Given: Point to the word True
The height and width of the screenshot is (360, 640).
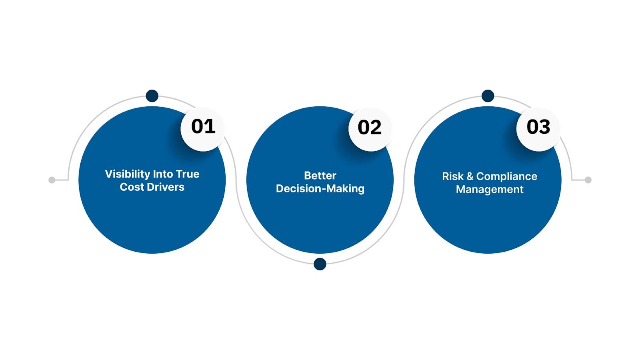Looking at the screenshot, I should tap(188, 174).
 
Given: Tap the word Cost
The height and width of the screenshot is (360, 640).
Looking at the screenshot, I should tap(130, 187).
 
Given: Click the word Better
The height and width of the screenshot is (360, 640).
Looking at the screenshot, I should tap(320, 176).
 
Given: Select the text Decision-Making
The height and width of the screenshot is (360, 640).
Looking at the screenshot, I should tap(320, 189).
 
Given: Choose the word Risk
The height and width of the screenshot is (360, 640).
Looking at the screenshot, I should tap(452, 176).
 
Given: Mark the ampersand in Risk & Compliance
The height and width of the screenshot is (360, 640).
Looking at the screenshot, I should tap(470, 176).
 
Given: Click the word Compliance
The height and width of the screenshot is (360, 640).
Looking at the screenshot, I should tap(506, 176).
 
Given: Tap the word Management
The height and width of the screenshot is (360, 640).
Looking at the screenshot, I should tap(490, 190).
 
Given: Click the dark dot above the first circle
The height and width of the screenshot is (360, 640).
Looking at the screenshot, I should tap(152, 96).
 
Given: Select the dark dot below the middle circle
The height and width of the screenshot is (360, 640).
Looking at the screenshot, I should tap(320, 264).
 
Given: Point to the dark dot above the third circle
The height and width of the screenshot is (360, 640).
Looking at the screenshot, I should tap(488, 96).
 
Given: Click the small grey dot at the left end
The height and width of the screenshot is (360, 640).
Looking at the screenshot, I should tap(52, 180).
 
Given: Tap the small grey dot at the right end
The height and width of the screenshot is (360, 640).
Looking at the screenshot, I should tap(588, 180).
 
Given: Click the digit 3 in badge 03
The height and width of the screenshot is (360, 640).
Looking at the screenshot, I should tap(544, 127).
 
